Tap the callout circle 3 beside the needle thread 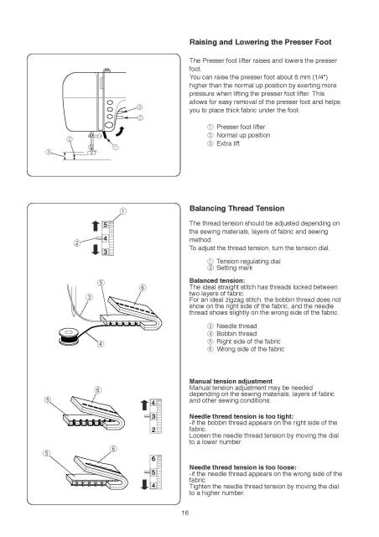pyautogui.click(x=88, y=298)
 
